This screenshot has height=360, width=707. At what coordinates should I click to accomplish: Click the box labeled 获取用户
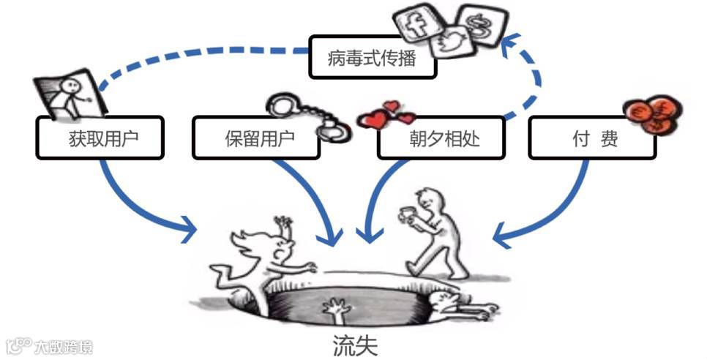99,138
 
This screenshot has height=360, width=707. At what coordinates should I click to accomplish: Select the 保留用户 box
255,138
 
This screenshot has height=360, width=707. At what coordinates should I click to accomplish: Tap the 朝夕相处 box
441,138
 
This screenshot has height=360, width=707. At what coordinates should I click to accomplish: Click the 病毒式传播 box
373,57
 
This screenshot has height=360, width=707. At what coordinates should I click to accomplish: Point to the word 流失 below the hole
353,345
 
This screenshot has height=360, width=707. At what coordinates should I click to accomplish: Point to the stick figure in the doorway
71,96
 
